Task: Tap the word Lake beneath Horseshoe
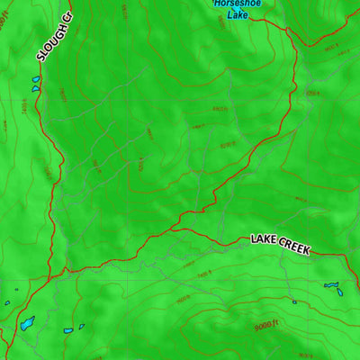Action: point(238,15)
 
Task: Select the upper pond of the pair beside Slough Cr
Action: point(37,79)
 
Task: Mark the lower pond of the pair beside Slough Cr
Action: point(35,89)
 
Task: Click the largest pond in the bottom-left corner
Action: point(28,321)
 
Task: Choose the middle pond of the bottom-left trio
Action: point(67,330)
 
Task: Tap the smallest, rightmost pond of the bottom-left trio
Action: point(82,327)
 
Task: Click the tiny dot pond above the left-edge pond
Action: point(16,289)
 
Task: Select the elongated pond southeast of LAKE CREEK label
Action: point(332,285)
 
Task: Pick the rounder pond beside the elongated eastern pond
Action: point(342,293)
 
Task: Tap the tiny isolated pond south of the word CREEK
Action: point(293,301)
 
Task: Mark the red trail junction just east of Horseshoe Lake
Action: point(288,29)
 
